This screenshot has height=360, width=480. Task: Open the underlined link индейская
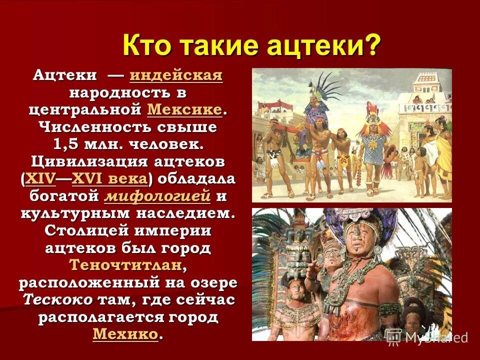(x=175, y=76)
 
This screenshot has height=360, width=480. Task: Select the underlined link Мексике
(x=185, y=109)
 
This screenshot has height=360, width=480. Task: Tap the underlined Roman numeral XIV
(x=39, y=178)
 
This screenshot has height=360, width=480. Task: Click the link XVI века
(x=109, y=178)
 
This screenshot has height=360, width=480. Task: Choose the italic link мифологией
(x=157, y=196)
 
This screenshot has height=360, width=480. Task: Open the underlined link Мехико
(x=125, y=334)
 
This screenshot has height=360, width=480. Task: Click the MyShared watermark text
(x=435, y=337)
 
